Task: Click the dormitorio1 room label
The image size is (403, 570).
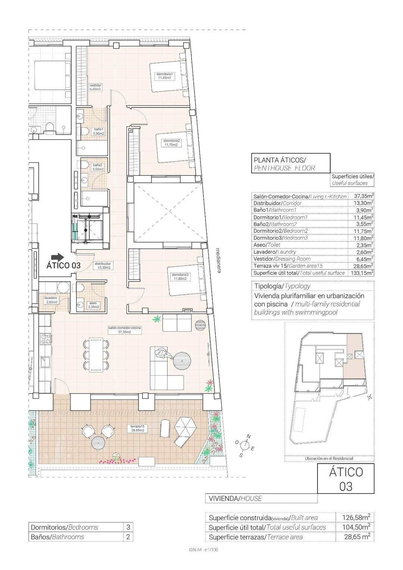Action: pyautogui.click(x=164, y=76)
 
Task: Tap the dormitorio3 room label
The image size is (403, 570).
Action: pyautogui.click(x=180, y=276)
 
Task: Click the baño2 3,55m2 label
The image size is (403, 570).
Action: pyautogui.click(x=98, y=167)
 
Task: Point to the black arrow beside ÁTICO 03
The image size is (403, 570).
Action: pyautogui.click(x=57, y=257)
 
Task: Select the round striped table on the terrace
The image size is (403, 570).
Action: pyautogui.click(x=99, y=444)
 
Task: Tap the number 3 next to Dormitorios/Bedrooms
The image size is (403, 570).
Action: pyautogui.click(x=128, y=527)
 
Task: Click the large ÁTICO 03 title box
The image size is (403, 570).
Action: pyautogui.click(x=346, y=479)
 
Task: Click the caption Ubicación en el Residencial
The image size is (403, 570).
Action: pyautogui.click(x=329, y=458)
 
